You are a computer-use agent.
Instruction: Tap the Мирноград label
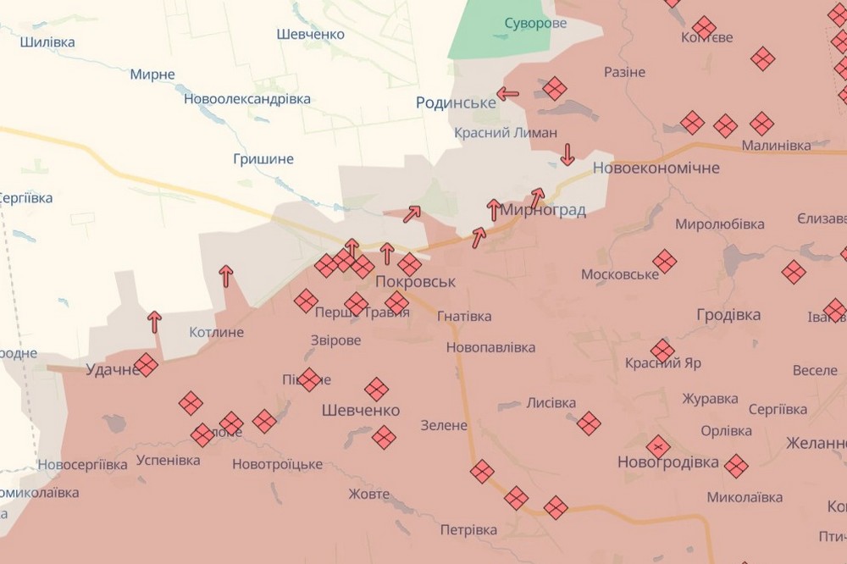[544, 210]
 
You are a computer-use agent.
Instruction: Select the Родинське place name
[456, 102]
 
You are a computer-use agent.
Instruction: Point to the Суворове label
[535, 23]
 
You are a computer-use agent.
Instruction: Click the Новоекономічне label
[656, 168]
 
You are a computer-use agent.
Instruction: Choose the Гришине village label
[263, 158]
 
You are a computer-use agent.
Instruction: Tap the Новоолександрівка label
[246, 99]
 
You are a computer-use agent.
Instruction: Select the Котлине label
[216, 332]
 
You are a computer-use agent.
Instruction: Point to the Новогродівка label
[668, 462]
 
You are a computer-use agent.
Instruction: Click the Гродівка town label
[728, 315]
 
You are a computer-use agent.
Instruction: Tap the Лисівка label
[551, 403]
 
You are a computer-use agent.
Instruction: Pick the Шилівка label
[47, 41]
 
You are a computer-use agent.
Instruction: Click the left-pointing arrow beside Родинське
[508, 94]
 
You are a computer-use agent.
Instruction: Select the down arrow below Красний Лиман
[567, 154]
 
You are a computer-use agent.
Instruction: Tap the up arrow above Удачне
[154, 322]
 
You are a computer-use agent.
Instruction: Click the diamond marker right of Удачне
[146, 365]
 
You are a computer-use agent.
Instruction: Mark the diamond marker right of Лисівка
[589, 423]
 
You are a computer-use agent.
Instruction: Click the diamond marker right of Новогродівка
[736, 465]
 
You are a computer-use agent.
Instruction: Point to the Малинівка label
[776, 146]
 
